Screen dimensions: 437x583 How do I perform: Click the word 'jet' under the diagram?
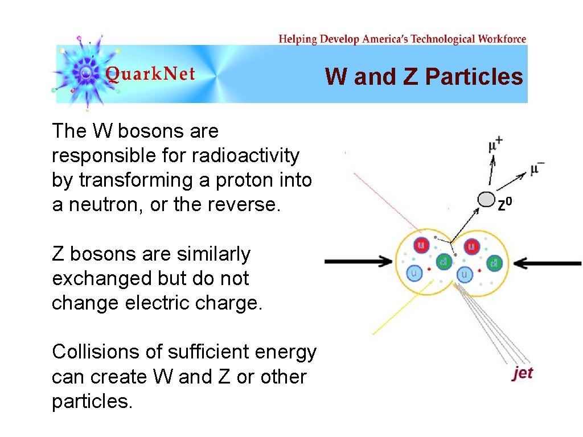point(523,373)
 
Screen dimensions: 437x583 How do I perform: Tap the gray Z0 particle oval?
point(486,199)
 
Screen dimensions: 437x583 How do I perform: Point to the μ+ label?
point(495,146)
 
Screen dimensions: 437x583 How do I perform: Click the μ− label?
point(537,169)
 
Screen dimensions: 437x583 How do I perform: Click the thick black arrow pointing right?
point(359,261)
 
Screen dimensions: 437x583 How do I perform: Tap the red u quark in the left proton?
point(422,246)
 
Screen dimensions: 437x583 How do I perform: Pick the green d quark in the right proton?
point(494,263)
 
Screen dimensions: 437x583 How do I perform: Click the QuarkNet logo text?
point(150,74)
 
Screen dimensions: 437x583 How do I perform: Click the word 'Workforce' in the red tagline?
point(502,39)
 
